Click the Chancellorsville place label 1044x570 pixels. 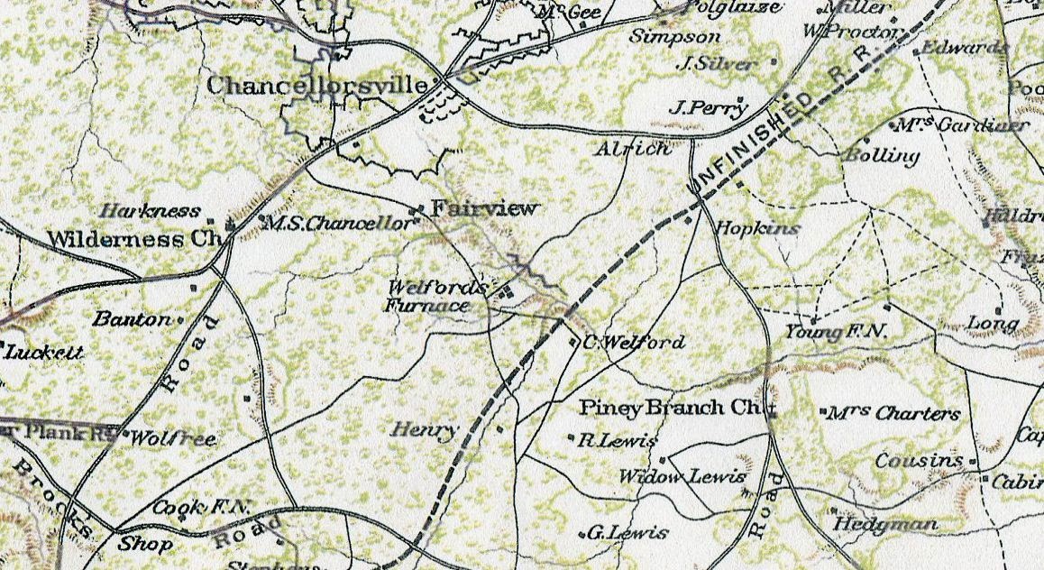coord(317,85)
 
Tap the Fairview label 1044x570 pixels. coord(484,208)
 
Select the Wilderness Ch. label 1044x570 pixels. coord(134,240)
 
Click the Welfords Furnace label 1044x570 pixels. coord(428,298)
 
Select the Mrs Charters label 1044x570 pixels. coord(893,414)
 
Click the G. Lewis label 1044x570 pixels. coord(627,532)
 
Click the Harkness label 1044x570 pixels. coord(151,211)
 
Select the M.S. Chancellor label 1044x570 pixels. coord(339,224)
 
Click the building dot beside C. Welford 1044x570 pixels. coord(574,342)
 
